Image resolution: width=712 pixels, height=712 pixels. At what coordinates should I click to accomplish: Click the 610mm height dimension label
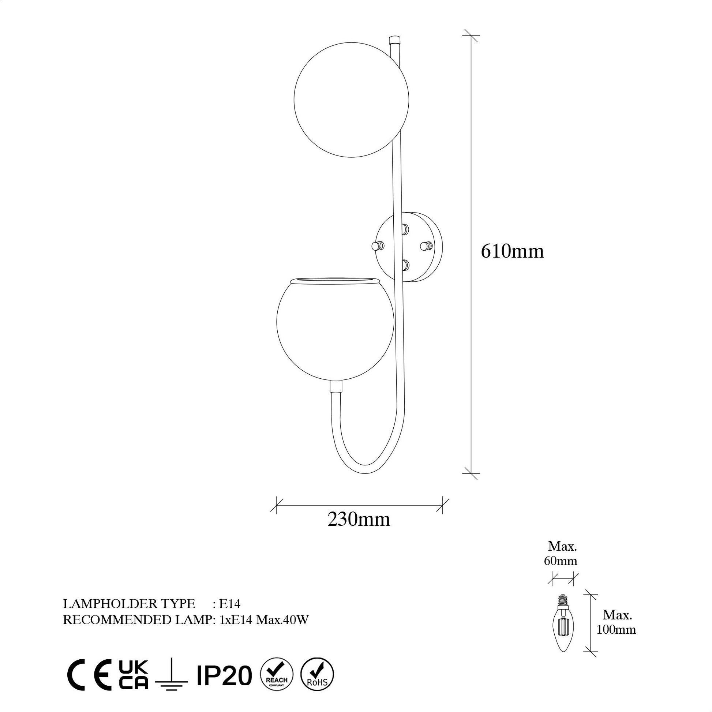tap(512, 252)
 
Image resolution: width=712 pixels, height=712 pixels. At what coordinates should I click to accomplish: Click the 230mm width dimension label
tap(359, 520)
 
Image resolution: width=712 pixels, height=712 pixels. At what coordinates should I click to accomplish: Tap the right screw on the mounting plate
tap(426, 245)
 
